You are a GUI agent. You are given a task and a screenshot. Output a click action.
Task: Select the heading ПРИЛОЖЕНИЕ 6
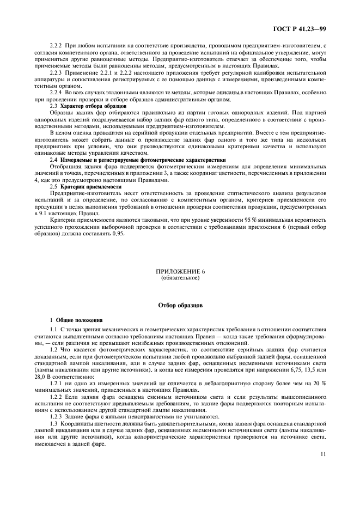tap(180, 271)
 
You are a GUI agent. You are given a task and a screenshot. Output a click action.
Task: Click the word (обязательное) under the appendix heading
tap(180, 278)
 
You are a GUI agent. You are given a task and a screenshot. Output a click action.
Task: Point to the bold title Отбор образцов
tap(180, 306)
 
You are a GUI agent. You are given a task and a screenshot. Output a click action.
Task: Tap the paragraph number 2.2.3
tap(56, 72)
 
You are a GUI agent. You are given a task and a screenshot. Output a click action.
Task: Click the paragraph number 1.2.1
tap(57, 384)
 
